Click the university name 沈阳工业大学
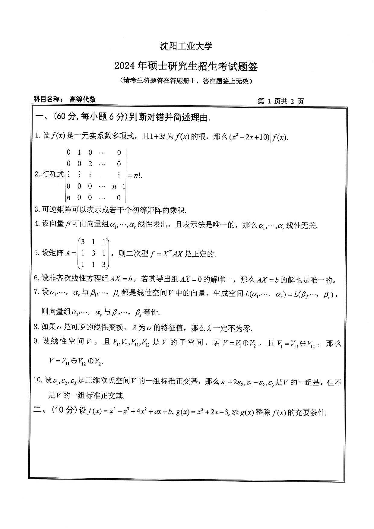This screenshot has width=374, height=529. pos(186,46)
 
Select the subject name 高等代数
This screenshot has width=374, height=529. pos(82,99)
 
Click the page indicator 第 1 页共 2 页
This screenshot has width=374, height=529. pos(280,101)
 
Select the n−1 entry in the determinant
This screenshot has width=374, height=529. pos(119,187)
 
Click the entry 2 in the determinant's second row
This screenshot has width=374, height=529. pos(90,164)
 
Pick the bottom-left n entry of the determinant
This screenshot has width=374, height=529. pos(69,198)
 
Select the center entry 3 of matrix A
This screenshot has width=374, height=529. pos(93,253)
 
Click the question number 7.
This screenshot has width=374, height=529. pos(37,292)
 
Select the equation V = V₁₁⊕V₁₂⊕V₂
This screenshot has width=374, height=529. pos(76,361)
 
